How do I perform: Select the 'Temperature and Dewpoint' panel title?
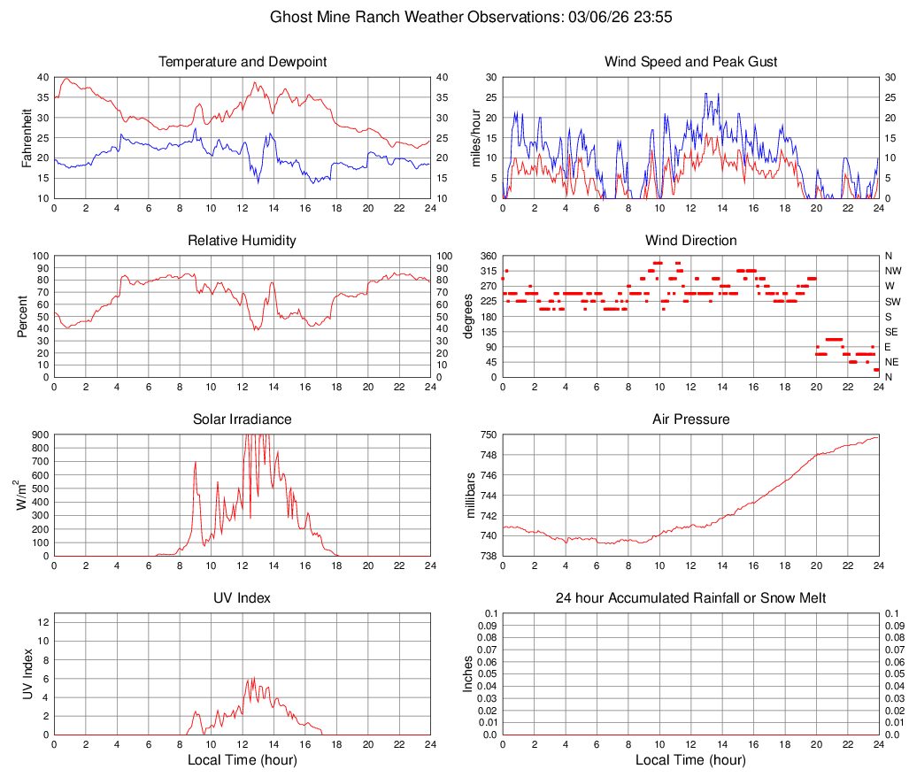[x=242, y=62]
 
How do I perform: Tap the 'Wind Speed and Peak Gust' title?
[x=690, y=62]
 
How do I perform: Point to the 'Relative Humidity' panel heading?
[x=242, y=241]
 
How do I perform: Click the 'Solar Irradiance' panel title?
[x=242, y=419]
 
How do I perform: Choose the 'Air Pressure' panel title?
[x=690, y=419]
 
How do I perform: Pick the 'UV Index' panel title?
[x=242, y=598]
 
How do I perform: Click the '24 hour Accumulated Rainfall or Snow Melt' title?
[x=690, y=598]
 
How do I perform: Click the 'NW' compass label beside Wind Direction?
[x=892, y=271]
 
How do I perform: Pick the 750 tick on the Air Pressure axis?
[x=487, y=435]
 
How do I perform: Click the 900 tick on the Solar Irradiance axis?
[x=39, y=435]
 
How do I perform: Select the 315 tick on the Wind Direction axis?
[x=487, y=271]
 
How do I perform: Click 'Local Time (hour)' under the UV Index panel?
[x=242, y=760]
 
